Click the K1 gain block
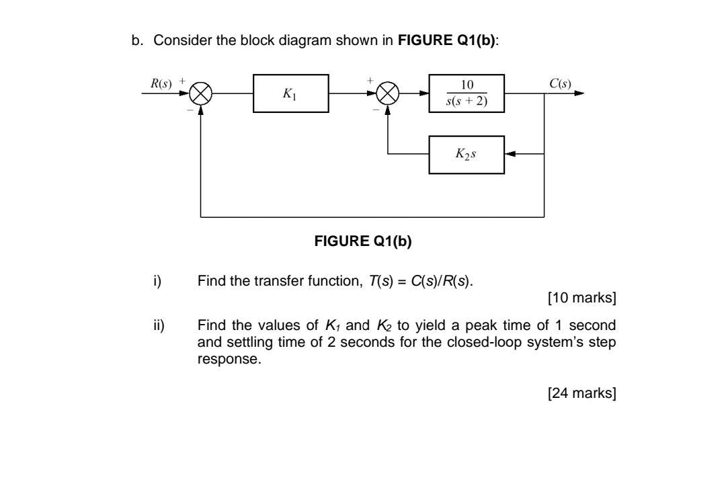pos(290,94)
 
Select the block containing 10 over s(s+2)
pos(467,94)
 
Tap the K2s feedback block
pos(467,155)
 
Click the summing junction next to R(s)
pos(201,94)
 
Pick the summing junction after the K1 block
pos(388,94)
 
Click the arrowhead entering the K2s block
pos(510,155)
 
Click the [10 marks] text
pos(582,297)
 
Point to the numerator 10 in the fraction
pos(467,85)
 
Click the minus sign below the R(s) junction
pos(191,110)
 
